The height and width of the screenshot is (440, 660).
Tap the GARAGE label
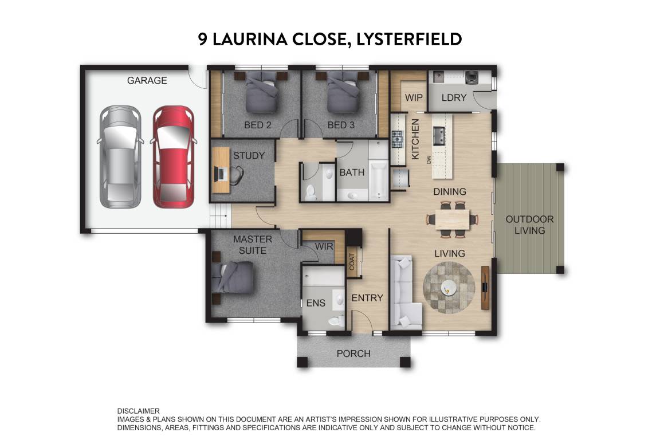click(147, 81)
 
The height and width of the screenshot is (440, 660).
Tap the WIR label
click(323, 246)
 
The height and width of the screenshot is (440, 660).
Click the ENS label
click(315, 302)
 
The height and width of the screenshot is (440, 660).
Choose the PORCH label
click(353, 353)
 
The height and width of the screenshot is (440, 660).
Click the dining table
click(452, 219)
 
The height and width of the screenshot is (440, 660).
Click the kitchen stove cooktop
click(398, 139)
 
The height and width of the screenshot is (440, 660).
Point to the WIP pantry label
click(414, 97)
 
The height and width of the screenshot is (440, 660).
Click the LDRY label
click(454, 97)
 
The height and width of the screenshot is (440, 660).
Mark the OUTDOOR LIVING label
click(529, 225)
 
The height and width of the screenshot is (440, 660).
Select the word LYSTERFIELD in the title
click(409, 39)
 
